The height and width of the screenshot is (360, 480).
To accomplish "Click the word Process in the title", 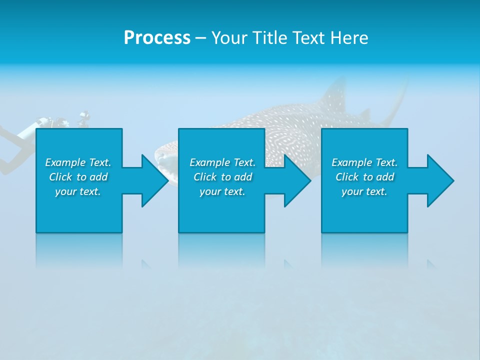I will [157, 38].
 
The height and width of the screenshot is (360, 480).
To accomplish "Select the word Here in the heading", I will [349, 38].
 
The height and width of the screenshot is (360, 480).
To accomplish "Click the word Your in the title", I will [229, 38].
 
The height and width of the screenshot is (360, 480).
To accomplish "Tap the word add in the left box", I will [99, 177].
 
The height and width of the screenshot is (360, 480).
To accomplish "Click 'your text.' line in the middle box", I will [222, 191].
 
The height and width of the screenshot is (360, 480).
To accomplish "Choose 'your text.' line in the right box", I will [364, 191].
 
